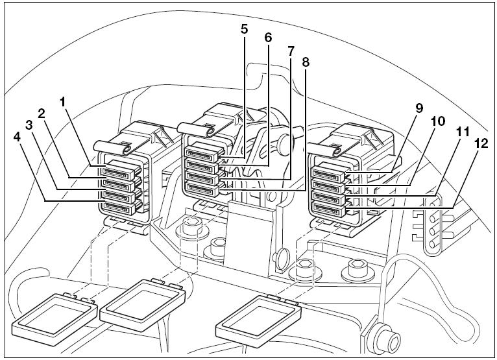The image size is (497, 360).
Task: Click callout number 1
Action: (63, 102)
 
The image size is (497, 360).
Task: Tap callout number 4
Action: (17, 138)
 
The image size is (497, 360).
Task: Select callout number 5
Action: (244, 29)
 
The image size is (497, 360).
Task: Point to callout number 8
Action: (305, 62)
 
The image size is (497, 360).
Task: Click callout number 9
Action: (419, 108)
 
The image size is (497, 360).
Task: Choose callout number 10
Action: (438, 121)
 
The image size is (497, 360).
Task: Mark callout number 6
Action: (268, 38)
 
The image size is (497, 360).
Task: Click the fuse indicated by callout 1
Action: (119, 170)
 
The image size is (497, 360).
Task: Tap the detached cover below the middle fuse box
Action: (142, 304)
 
